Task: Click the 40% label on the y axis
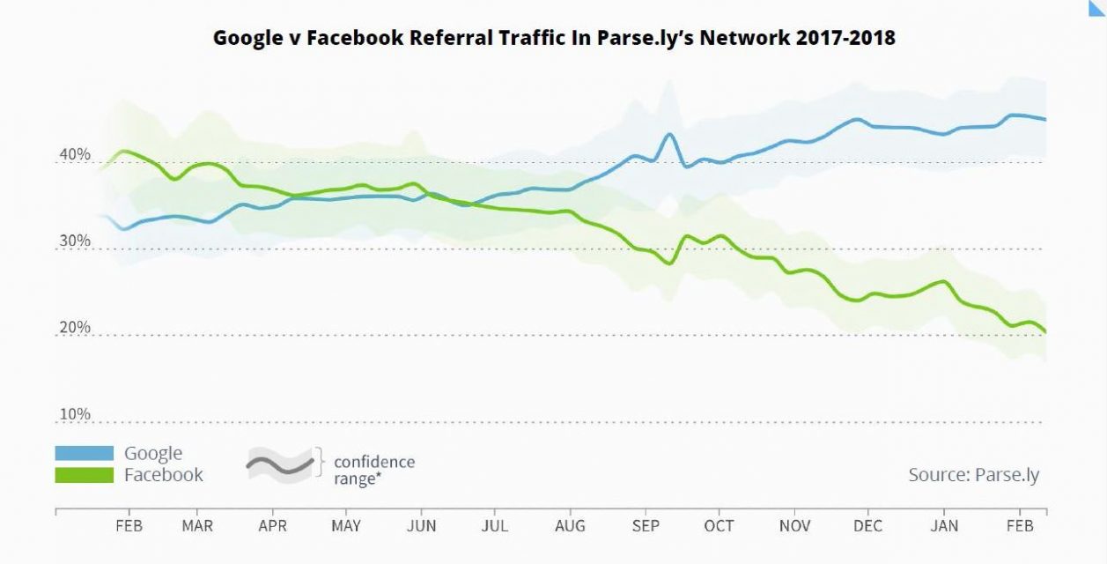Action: (x=75, y=155)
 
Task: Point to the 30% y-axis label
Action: (x=75, y=241)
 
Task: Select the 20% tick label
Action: (x=75, y=328)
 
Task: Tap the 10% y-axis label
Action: (x=75, y=414)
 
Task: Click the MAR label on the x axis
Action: (x=197, y=526)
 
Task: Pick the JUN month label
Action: (x=422, y=526)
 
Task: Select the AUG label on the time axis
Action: (x=571, y=526)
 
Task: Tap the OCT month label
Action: (x=719, y=526)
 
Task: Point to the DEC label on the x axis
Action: (x=868, y=526)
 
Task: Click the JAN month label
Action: (x=944, y=526)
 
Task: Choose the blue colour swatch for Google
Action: (x=85, y=454)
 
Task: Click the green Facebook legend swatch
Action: (x=85, y=475)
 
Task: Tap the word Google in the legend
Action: (x=153, y=454)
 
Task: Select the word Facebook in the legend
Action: (x=164, y=475)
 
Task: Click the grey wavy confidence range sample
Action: (x=280, y=462)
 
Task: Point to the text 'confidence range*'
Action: (x=373, y=471)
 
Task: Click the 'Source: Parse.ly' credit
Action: (x=973, y=475)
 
